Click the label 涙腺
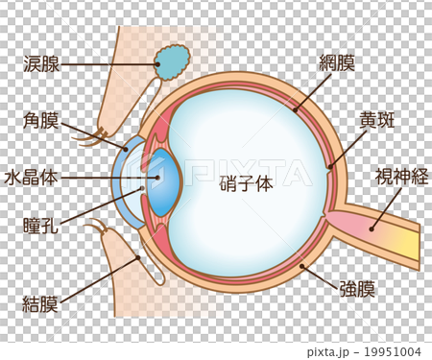[41, 65]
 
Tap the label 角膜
[41, 122]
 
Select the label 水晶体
[33, 178]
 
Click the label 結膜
[41, 304]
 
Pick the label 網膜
[337, 63]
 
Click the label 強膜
[357, 287]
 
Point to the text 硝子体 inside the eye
[246, 184]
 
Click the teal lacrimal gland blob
[173, 62]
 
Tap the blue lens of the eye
[164, 182]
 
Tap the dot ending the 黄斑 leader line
[329, 167]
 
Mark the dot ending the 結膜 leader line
[138, 257]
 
